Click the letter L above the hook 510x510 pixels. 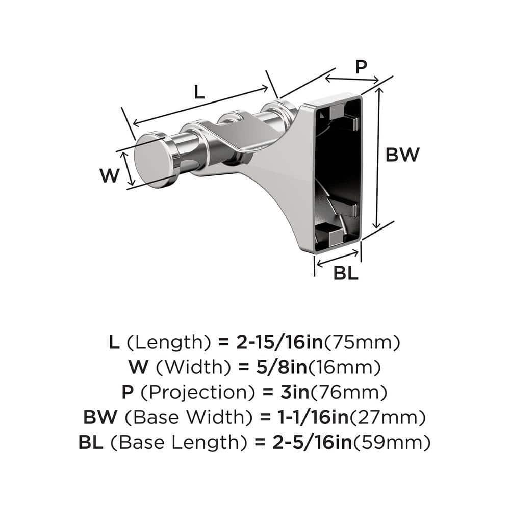(x=199, y=92)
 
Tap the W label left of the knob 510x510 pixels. (x=109, y=176)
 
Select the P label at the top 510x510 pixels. (x=361, y=67)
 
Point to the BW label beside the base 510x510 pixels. (x=402, y=155)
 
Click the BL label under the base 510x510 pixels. (x=346, y=273)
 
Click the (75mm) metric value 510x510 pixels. (x=363, y=342)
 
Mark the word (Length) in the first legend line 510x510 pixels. (x=168, y=342)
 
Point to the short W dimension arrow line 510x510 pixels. (x=130, y=168)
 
